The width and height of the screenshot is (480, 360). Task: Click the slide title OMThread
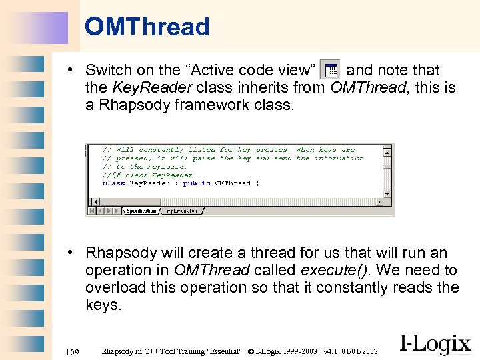147,27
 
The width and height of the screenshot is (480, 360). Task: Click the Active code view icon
330,69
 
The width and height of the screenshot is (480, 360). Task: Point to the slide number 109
73,351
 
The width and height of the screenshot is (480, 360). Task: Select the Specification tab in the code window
141,211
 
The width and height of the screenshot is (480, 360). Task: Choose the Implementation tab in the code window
181,211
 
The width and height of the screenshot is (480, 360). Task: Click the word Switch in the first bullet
108,70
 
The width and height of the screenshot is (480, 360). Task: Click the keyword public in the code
197,183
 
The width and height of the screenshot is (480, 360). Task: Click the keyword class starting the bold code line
113,183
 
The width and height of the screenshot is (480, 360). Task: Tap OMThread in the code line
233,183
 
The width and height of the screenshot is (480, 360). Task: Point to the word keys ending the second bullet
102,305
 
